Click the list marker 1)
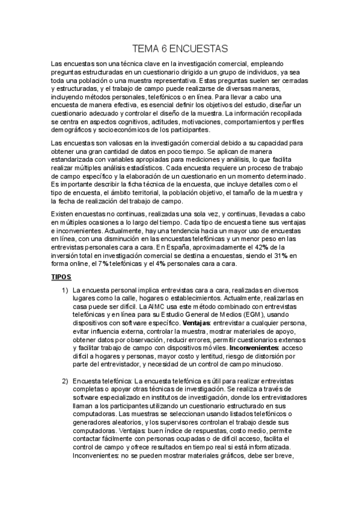pos(66,289)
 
